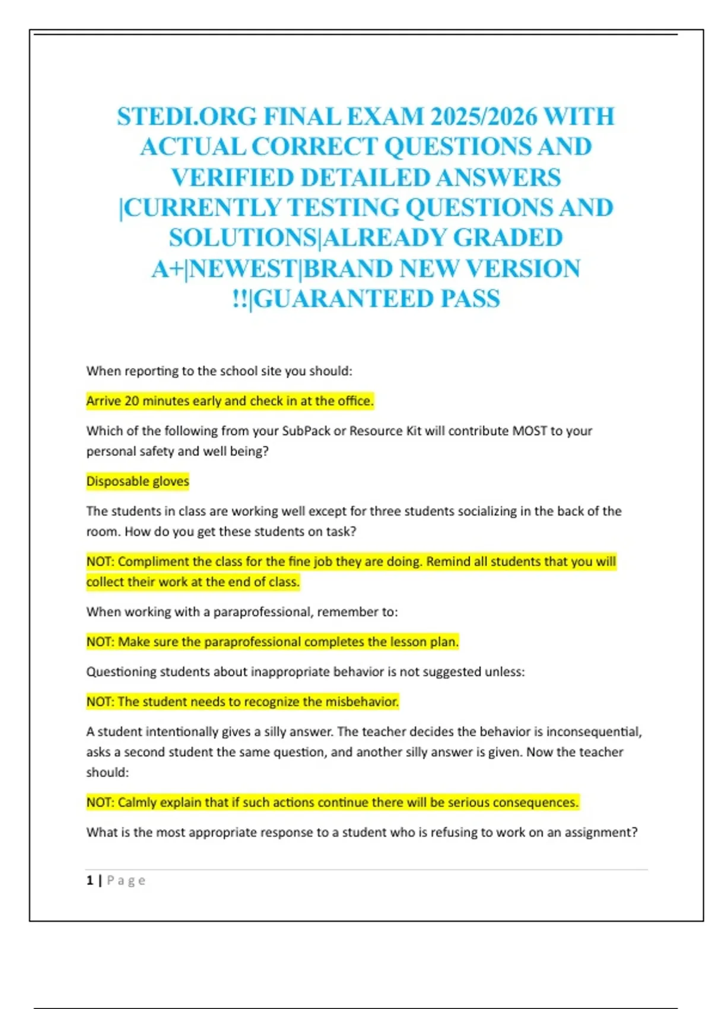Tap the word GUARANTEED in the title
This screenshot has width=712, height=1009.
point(344,299)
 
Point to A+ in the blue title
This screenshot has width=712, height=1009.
point(167,269)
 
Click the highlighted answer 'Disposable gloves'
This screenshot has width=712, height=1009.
point(138,481)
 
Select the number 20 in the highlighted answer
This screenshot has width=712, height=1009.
point(132,401)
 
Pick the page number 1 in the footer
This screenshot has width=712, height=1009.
point(90,880)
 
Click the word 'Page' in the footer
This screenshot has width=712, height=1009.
point(126,880)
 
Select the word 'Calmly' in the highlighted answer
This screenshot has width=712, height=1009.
point(136,802)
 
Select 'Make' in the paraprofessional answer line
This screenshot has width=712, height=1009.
point(132,642)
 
